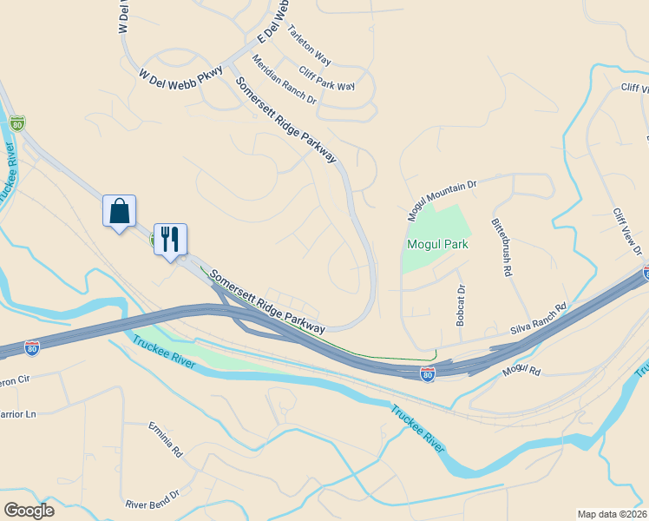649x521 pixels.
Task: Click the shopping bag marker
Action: click(x=119, y=211)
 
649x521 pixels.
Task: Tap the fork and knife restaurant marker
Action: click(x=170, y=240)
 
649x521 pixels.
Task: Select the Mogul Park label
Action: click(x=437, y=244)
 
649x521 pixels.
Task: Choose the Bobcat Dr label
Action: click(x=461, y=306)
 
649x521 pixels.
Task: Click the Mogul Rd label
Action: click(x=521, y=372)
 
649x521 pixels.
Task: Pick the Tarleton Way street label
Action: click(x=310, y=44)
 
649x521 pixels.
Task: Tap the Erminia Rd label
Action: click(x=166, y=440)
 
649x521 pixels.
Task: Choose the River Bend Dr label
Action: click(x=152, y=498)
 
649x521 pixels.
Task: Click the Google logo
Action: click(x=29, y=511)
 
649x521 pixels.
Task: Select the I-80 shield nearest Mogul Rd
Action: click(x=427, y=373)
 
